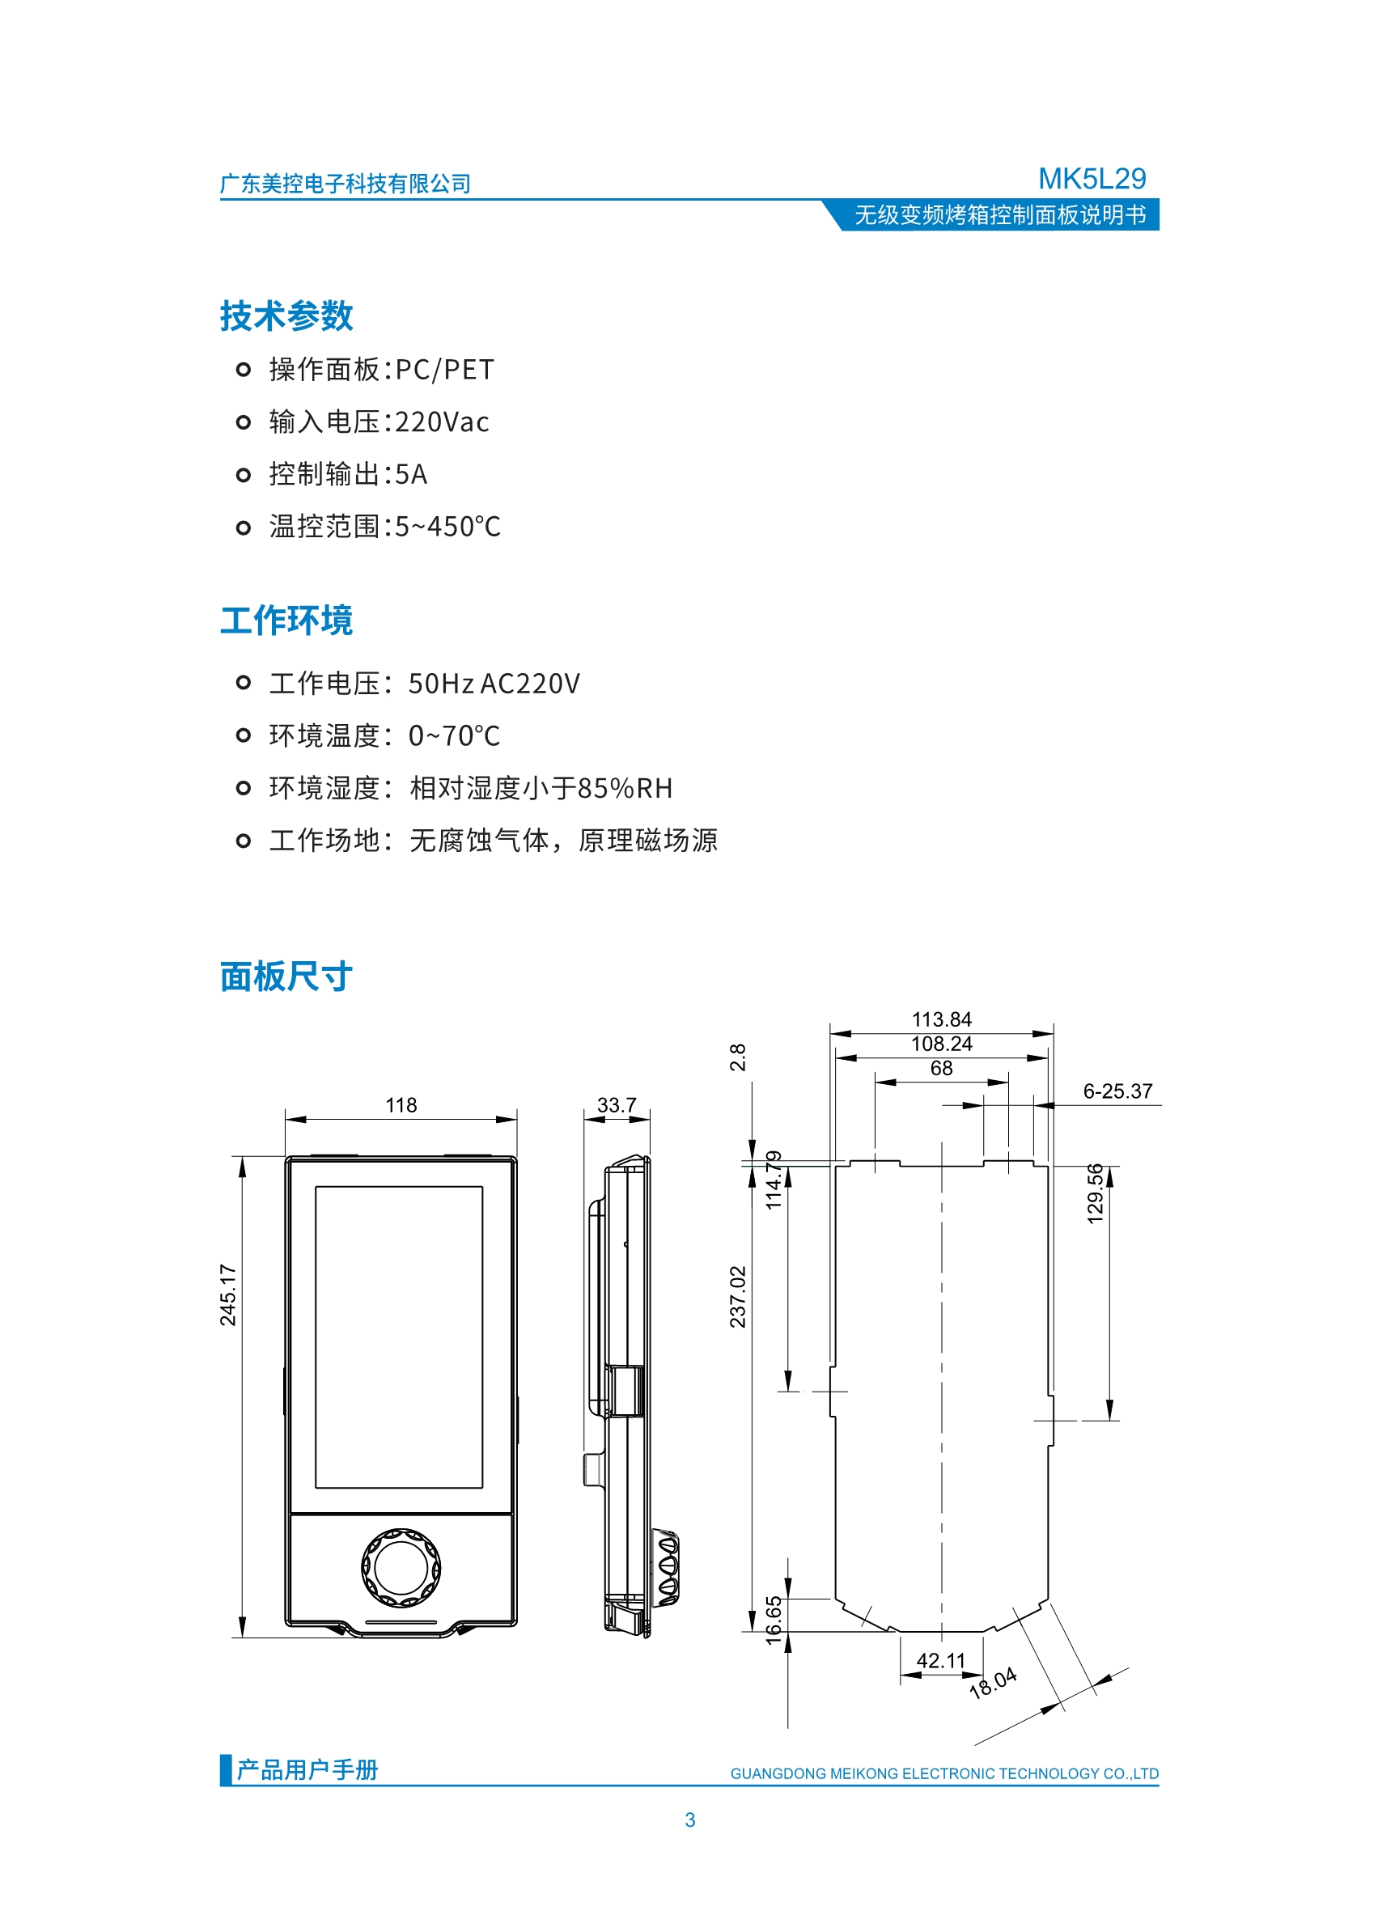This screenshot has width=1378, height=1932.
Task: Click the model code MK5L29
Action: (1092, 178)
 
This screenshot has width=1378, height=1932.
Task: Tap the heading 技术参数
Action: (286, 316)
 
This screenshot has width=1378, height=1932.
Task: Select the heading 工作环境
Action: (286, 621)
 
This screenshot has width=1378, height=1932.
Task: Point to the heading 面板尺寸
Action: (286, 977)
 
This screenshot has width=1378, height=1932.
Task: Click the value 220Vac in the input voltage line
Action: (442, 422)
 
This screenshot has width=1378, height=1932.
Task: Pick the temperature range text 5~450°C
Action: (447, 526)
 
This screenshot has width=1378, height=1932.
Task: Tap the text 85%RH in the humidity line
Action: (625, 788)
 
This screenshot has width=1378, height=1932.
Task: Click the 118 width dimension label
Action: (401, 1104)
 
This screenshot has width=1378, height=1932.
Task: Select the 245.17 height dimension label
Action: (227, 1294)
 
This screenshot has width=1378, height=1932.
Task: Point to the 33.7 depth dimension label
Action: (616, 1104)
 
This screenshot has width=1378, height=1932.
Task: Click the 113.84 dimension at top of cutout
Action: (941, 1019)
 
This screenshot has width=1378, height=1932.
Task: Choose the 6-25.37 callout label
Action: (1117, 1091)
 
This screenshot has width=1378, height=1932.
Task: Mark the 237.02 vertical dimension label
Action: (737, 1296)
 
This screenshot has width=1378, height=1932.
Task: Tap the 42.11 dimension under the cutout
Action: (940, 1660)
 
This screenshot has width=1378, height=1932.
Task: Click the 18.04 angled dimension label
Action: (993, 1683)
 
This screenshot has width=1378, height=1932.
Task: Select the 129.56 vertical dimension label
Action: (1095, 1193)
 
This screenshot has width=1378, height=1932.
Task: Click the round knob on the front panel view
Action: (401, 1568)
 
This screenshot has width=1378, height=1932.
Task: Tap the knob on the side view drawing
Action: (667, 1568)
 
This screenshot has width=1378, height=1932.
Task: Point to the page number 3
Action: (690, 1820)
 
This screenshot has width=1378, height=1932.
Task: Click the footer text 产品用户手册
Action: (307, 1769)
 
